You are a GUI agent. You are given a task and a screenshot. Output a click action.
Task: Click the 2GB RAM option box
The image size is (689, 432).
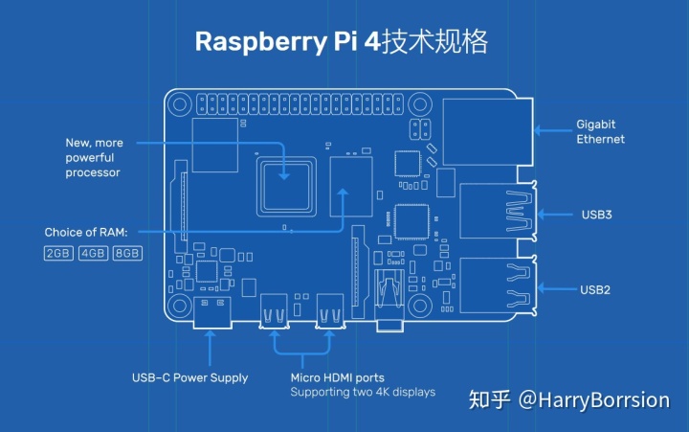(x=58, y=254)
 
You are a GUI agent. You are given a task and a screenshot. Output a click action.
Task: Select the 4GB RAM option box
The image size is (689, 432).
(x=93, y=254)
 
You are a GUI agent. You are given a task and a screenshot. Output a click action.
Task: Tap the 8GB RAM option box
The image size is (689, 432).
(x=127, y=254)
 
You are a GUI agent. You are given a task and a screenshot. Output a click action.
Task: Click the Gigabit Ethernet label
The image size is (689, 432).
(x=600, y=131)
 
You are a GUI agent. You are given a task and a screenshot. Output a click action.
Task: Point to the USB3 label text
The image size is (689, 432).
(x=597, y=215)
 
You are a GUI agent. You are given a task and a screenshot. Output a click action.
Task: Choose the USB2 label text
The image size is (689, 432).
(x=595, y=290)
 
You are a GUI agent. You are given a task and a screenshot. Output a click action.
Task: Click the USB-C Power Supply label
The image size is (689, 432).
(x=189, y=378)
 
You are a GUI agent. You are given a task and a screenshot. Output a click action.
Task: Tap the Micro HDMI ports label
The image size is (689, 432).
(x=338, y=377)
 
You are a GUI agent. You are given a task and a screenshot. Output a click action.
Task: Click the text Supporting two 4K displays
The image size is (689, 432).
(x=363, y=392)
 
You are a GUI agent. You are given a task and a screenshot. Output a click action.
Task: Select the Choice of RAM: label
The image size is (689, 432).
(x=86, y=232)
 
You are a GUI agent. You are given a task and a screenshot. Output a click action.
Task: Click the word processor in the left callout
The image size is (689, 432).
(x=93, y=172)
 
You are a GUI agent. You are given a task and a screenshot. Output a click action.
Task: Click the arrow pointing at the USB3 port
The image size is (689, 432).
(x=555, y=215)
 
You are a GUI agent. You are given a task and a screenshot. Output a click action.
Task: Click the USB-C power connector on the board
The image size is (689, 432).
(x=212, y=312)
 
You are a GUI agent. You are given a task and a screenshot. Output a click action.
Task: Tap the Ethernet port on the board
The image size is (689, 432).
(x=488, y=132)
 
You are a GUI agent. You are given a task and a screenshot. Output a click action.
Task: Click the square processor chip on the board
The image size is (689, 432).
(x=286, y=187)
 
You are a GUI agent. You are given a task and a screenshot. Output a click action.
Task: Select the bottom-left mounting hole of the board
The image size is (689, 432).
(x=179, y=306)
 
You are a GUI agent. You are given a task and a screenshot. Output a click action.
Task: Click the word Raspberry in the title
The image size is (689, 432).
(x=260, y=42)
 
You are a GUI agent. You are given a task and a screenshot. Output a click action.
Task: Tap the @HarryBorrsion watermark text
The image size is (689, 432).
(x=594, y=400)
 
